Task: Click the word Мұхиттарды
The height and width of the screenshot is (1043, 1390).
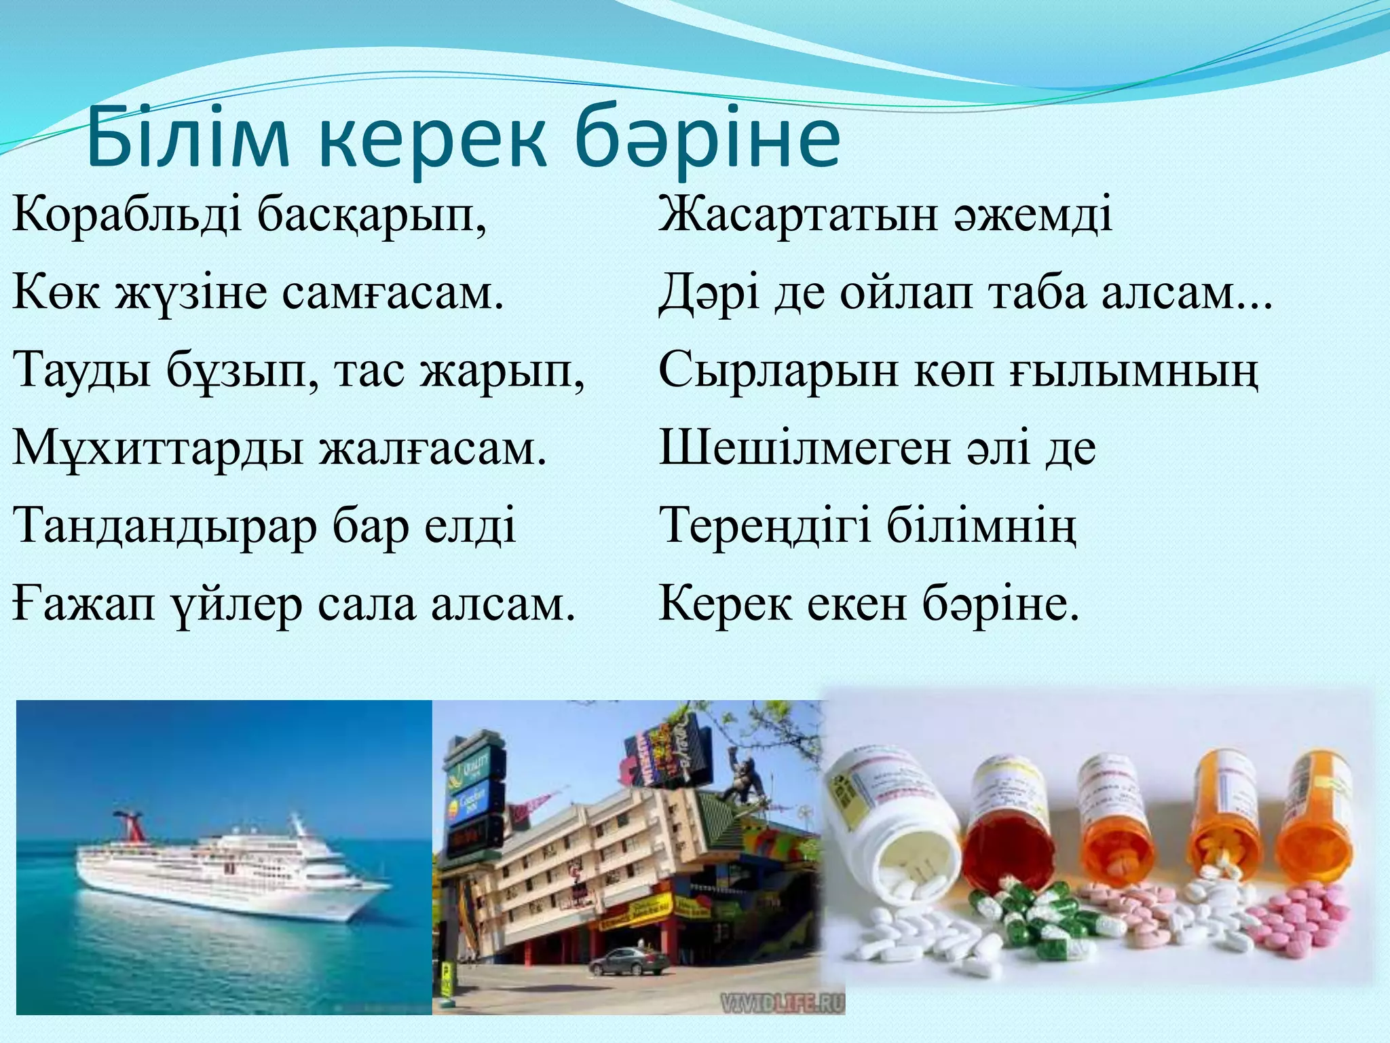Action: [157, 449]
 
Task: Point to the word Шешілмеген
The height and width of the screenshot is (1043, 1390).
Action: [804, 449]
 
